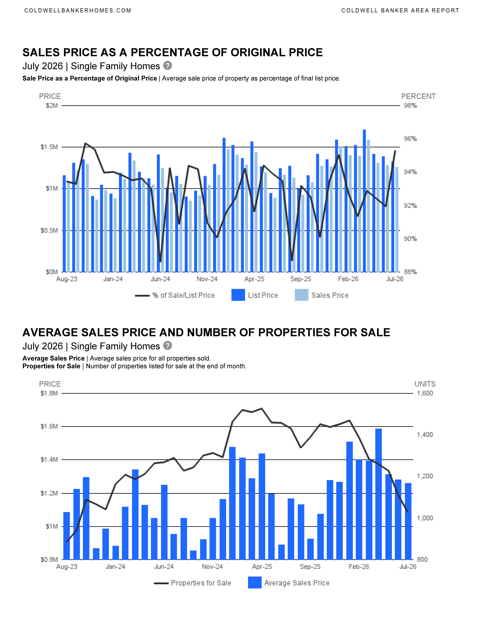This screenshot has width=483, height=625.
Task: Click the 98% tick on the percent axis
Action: click(410, 106)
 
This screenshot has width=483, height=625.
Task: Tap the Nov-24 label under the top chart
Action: click(207, 279)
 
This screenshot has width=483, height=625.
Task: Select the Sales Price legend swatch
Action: click(301, 295)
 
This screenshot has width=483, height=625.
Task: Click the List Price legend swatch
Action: click(238, 295)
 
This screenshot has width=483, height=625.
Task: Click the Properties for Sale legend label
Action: click(201, 583)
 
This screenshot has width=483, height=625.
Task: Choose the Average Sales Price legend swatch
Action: click(255, 583)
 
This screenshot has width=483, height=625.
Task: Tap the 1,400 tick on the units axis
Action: click(425, 435)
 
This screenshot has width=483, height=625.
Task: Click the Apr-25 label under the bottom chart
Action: click(262, 567)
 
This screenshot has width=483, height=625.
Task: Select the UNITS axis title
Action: click(425, 384)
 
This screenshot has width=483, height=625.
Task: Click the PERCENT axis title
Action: click(418, 96)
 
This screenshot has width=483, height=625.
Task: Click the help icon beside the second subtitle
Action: click(168, 346)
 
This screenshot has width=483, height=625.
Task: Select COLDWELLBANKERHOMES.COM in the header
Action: click(78, 11)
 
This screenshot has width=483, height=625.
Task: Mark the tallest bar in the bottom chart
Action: click(379, 494)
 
